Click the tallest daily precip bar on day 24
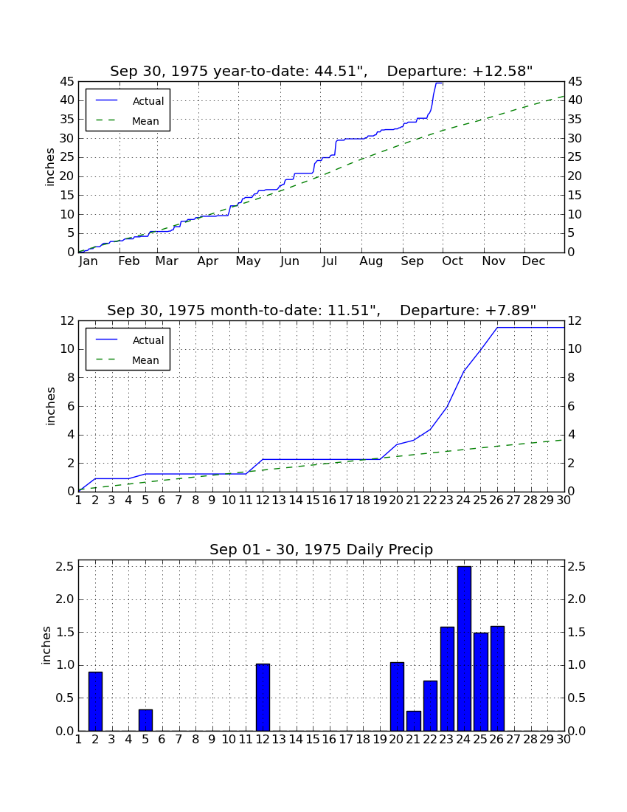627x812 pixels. [x=464, y=648]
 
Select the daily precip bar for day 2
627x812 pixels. [x=95, y=701]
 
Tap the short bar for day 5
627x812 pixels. [x=145, y=720]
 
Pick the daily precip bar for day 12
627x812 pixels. [x=263, y=697]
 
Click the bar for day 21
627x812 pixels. [x=413, y=721]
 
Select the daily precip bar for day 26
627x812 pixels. [x=497, y=678]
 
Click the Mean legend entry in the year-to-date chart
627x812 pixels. [x=128, y=121]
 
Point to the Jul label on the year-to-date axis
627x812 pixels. [x=330, y=261]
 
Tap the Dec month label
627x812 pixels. [x=533, y=261]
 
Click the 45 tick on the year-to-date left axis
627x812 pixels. [x=67, y=81]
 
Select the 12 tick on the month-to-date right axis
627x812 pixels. [x=575, y=320]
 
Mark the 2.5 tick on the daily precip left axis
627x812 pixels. [x=64, y=566]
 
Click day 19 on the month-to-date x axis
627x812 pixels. [x=380, y=500]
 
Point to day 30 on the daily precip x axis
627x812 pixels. [x=564, y=740]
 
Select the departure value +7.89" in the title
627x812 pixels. [x=510, y=310]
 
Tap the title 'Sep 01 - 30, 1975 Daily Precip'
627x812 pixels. [x=322, y=549]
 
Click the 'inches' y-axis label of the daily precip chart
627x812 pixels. [x=46, y=645]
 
